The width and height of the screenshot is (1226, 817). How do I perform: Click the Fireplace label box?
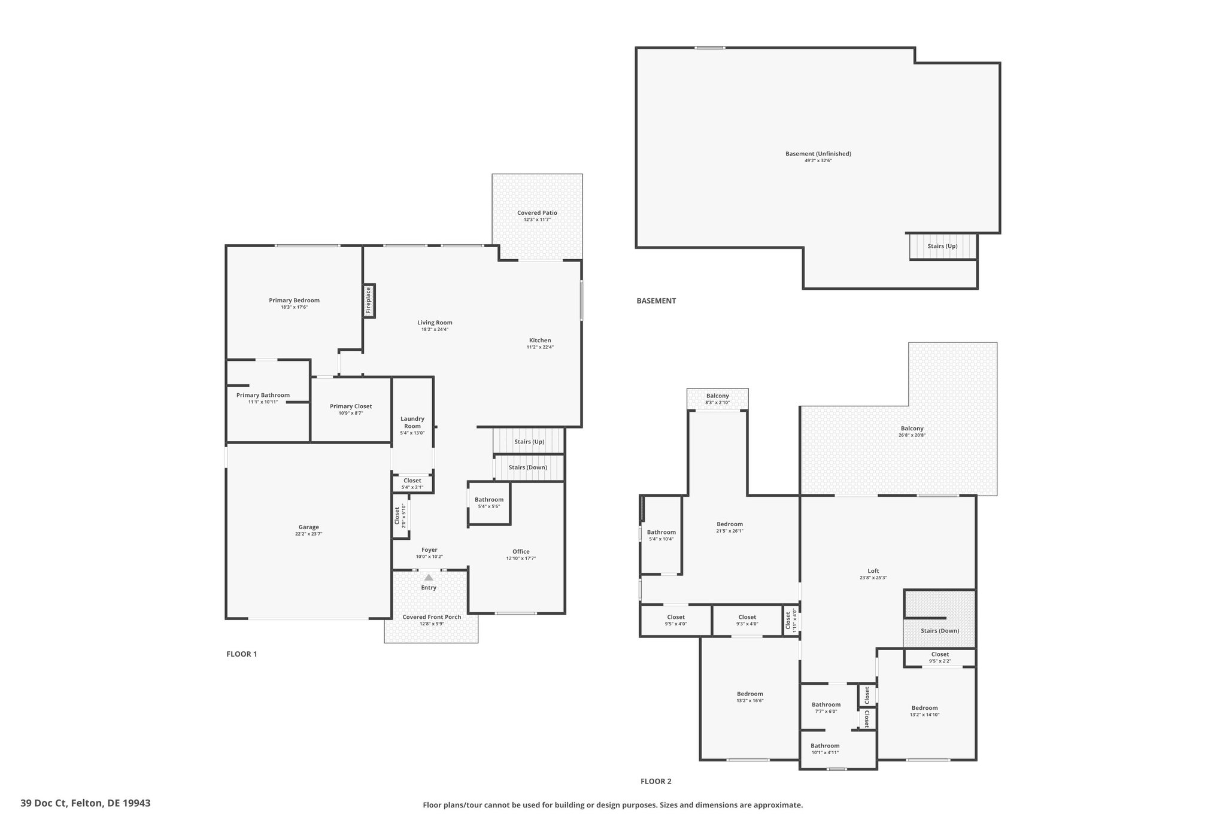click(369, 300)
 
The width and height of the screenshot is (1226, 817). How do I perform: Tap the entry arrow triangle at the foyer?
click(429, 578)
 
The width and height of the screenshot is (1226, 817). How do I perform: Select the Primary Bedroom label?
click(294, 300)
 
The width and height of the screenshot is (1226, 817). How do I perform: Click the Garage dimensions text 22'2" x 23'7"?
click(309, 534)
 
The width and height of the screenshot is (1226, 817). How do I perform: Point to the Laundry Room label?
click(412, 423)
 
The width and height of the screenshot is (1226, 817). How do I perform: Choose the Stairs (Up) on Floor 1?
click(529, 442)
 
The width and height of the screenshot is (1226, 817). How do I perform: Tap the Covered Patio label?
click(537, 212)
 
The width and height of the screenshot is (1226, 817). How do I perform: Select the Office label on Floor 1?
click(521, 552)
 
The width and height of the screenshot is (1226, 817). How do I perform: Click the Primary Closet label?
click(351, 406)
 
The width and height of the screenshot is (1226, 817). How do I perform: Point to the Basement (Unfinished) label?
click(818, 154)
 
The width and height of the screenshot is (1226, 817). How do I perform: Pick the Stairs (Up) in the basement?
click(942, 246)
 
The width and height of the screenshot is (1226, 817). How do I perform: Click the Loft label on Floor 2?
click(873, 571)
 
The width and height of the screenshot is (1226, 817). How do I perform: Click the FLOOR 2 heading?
click(656, 781)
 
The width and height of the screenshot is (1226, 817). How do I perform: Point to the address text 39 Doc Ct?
click(44, 803)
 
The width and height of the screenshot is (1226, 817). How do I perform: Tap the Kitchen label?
click(540, 341)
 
